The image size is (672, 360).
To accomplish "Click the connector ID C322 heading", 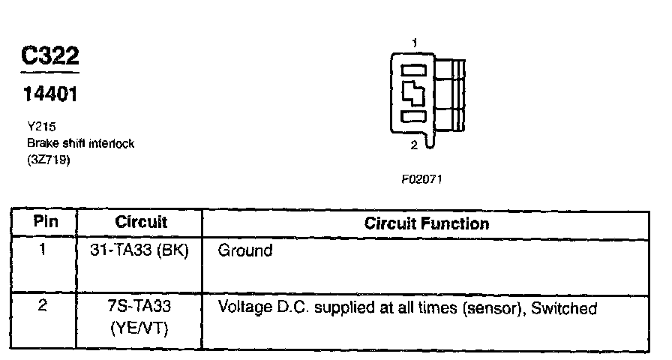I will (x=49, y=57).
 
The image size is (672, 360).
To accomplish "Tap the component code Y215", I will (x=40, y=127).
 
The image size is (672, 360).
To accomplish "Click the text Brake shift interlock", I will (x=80, y=143).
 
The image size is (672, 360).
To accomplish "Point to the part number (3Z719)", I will (x=49, y=159).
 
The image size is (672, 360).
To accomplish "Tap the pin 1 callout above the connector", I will (x=414, y=44).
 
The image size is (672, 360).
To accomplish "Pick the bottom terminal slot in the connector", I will (x=414, y=117).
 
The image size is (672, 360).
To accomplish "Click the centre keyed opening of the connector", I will (x=414, y=94).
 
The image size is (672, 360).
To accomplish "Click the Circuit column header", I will (x=141, y=223).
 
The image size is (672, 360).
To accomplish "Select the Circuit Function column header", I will (x=426, y=223).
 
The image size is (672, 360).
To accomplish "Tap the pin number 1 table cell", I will (x=43, y=250).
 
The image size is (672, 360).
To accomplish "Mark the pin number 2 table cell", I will (x=43, y=307).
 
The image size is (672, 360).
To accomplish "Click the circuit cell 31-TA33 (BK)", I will (x=139, y=250).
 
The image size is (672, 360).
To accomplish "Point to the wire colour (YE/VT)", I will (x=140, y=328).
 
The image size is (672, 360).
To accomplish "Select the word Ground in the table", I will (x=244, y=250).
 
